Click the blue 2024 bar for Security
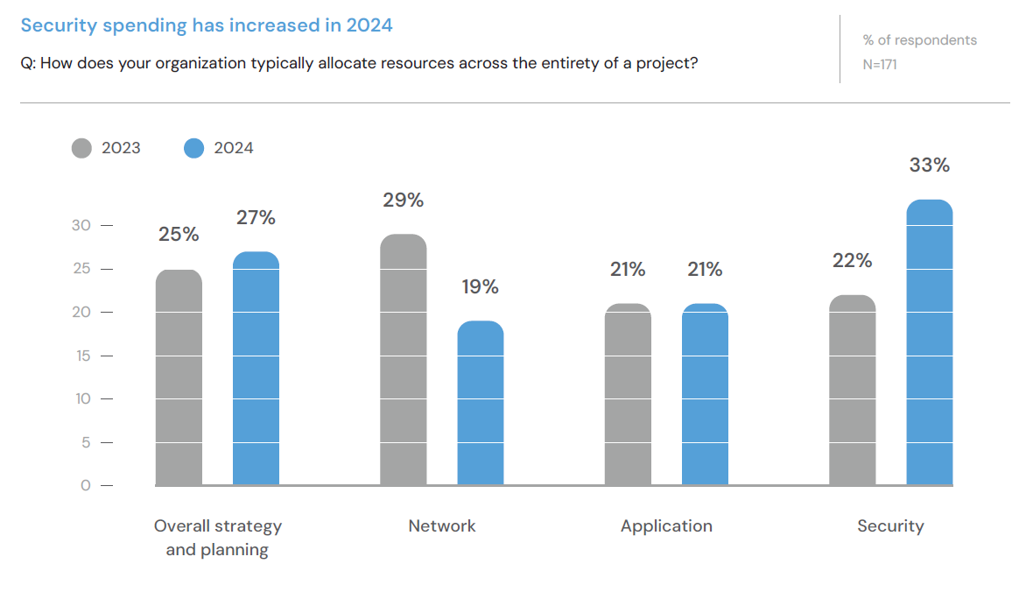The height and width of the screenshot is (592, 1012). pyautogui.click(x=929, y=342)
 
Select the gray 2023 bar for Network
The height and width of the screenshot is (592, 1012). pyautogui.click(x=404, y=360)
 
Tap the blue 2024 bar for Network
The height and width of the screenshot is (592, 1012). pyautogui.click(x=481, y=403)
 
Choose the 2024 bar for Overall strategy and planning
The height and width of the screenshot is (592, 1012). pyautogui.click(x=256, y=369)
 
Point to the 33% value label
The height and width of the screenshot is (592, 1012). pyautogui.click(x=929, y=166)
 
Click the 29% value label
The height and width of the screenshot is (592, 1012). pyautogui.click(x=404, y=201)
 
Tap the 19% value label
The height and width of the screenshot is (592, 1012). pyautogui.click(x=481, y=287)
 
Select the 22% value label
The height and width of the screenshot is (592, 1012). pyautogui.click(x=852, y=261)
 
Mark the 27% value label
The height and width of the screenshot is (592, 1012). pyautogui.click(x=256, y=218)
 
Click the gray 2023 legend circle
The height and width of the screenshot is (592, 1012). pyautogui.click(x=81, y=148)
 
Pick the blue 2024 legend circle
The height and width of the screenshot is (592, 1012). pyautogui.click(x=193, y=148)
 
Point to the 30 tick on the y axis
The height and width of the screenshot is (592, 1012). pyautogui.click(x=81, y=225)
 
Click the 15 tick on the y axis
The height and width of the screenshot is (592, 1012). pyautogui.click(x=82, y=356)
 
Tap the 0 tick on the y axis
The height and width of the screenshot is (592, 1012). pyautogui.click(x=86, y=485)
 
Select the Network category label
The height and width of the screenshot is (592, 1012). pyautogui.click(x=442, y=526)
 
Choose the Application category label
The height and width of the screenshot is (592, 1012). pyautogui.click(x=666, y=526)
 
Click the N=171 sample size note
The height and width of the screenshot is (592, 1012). pyautogui.click(x=880, y=64)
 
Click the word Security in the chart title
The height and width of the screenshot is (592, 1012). pyautogui.click(x=59, y=25)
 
